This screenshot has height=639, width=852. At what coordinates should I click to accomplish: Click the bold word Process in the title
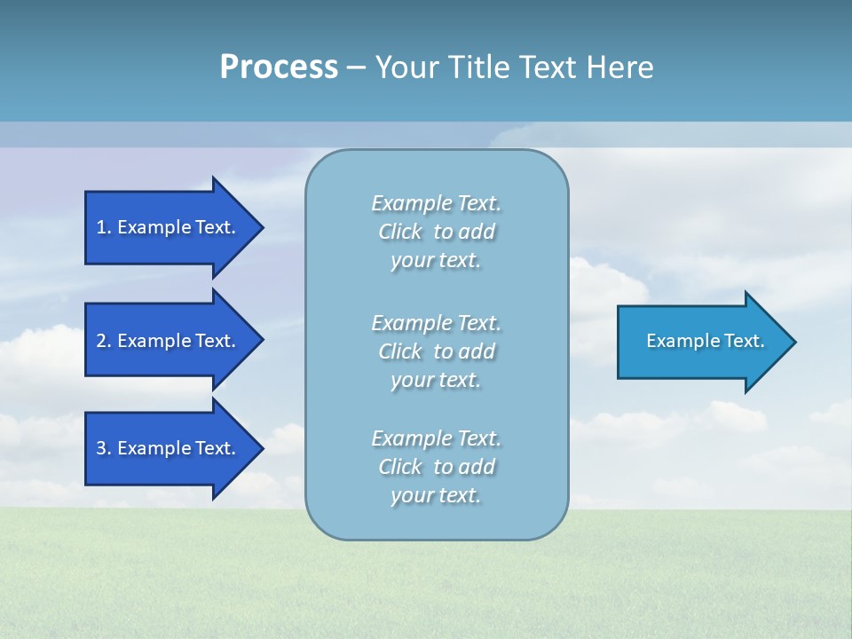click(279, 67)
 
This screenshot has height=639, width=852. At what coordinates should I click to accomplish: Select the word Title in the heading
click(477, 67)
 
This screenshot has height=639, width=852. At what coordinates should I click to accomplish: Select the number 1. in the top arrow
click(104, 227)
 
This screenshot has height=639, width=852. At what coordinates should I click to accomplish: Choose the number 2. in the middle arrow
click(104, 341)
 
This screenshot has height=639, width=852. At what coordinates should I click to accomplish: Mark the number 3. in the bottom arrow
click(104, 448)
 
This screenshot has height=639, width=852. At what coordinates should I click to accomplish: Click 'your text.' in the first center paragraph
click(436, 261)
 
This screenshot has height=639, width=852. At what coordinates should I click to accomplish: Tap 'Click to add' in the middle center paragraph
click(436, 351)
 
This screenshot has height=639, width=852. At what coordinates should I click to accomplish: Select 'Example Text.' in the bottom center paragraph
click(436, 438)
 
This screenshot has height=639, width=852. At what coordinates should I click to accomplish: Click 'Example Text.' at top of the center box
click(436, 203)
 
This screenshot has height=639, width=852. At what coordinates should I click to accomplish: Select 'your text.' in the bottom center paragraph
click(436, 495)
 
